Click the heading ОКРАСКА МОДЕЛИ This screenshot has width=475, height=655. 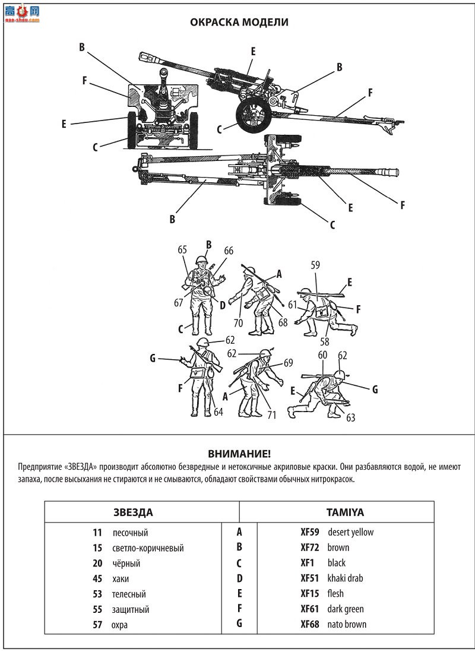[x=239, y=22]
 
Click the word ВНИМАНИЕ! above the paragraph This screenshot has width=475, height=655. [x=239, y=454]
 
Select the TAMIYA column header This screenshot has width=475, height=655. [x=344, y=512]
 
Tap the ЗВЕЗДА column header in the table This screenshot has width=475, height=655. [x=133, y=512]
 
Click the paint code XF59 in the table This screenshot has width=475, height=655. [x=309, y=532]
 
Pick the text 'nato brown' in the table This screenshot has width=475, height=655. [x=347, y=625]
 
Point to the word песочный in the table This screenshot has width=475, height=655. [x=131, y=533]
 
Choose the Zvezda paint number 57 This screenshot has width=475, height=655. [x=97, y=625]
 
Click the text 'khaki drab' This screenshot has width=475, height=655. [x=345, y=578]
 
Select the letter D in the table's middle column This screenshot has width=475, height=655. [x=239, y=578]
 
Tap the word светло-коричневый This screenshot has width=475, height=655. [x=148, y=548]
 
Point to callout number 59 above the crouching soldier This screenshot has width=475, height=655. [x=315, y=265]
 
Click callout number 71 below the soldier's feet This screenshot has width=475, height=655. [x=272, y=415]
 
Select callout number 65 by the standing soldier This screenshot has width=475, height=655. [x=182, y=250]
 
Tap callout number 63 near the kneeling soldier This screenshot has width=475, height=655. [x=350, y=417]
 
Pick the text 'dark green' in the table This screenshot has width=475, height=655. [x=346, y=609]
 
